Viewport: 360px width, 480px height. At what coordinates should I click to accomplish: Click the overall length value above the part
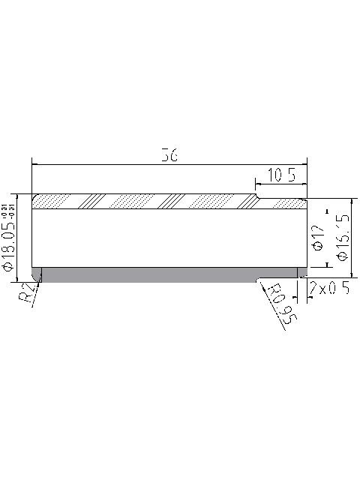click(169, 156)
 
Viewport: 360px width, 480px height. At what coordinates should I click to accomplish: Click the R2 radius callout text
click(27, 293)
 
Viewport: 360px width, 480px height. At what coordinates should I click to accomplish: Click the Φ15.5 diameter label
click(343, 237)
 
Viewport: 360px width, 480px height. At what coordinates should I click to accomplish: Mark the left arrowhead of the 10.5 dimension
click(259, 184)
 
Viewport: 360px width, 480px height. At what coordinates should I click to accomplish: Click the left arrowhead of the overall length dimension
click(34, 164)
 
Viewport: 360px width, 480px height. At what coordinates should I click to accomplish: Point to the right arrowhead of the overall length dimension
click(304, 164)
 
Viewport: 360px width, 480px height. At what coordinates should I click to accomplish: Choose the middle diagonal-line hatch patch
click(174, 202)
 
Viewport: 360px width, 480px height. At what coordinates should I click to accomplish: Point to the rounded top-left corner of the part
click(34, 196)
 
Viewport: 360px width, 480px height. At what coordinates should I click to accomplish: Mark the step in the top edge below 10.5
click(256, 197)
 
